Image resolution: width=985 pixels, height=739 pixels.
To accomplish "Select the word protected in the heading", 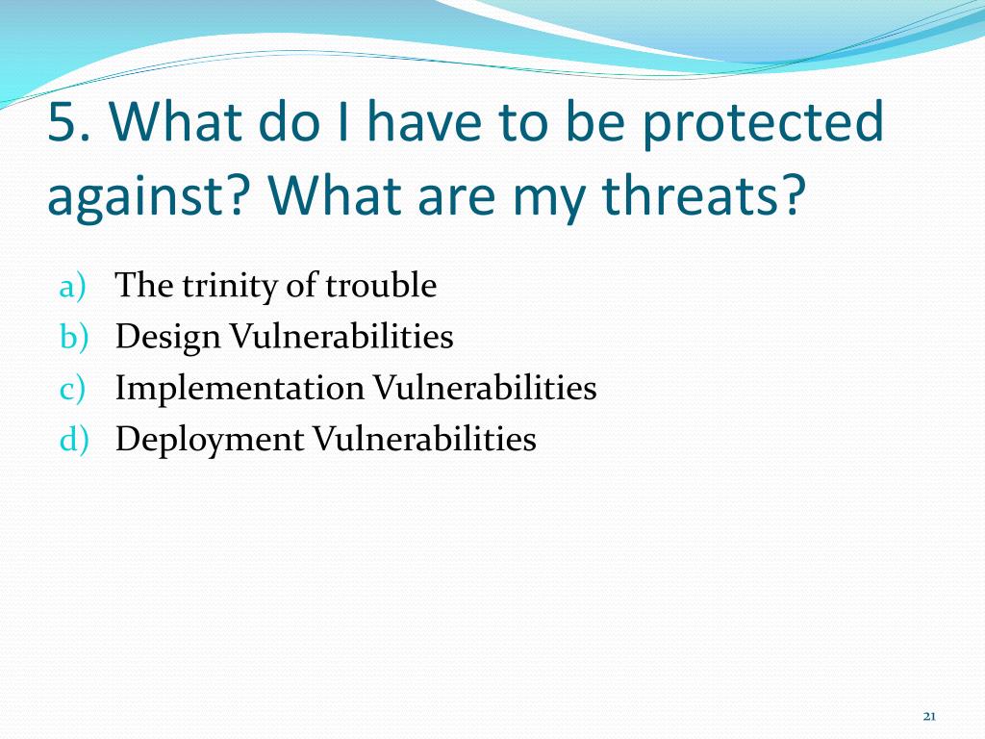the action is [763, 124].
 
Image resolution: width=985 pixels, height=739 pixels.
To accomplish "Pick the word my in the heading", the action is [551, 201].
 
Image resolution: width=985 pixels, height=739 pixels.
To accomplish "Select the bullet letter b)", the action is [74, 337].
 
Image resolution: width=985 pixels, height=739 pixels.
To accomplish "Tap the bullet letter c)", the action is [71, 389].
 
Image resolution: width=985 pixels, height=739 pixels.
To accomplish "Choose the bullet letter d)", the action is [74, 439].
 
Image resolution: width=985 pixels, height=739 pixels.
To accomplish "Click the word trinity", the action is [231, 287].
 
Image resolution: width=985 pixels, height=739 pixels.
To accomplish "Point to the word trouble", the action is [381, 285].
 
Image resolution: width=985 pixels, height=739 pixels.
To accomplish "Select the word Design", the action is [167, 338].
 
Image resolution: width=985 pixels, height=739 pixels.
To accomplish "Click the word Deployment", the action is [210, 440].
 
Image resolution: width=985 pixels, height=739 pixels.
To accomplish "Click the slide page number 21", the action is [930, 716].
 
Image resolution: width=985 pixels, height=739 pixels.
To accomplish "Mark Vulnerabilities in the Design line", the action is [341, 336].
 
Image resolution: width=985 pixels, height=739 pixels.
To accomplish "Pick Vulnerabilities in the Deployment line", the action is [424, 438].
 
